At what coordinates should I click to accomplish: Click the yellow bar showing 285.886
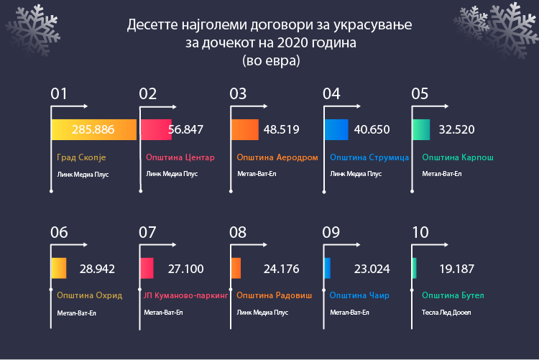[94, 129]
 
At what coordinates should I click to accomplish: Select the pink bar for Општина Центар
[156, 129]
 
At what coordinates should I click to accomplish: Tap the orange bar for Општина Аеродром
[245, 129]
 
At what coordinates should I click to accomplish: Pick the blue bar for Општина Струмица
[336, 129]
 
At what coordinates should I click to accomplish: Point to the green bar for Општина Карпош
[421, 129]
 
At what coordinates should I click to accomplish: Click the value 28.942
[97, 269]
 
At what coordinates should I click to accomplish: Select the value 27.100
[185, 269]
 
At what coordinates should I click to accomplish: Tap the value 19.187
[457, 269]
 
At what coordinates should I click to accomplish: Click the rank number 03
[238, 94]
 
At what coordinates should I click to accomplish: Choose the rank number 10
[420, 232]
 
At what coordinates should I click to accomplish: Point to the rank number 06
[59, 232]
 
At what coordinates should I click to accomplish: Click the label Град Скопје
[81, 157]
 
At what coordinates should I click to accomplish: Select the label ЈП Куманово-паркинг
[185, 295]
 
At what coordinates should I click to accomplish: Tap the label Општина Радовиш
[274, 295]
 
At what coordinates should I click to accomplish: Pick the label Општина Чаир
[359, 295]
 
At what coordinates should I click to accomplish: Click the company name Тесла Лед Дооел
[446, 313]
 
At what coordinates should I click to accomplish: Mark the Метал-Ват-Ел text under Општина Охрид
[76, 313]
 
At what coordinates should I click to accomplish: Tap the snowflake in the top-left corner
[32, 30]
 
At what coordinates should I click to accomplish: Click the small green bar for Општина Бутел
[414, 268]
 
